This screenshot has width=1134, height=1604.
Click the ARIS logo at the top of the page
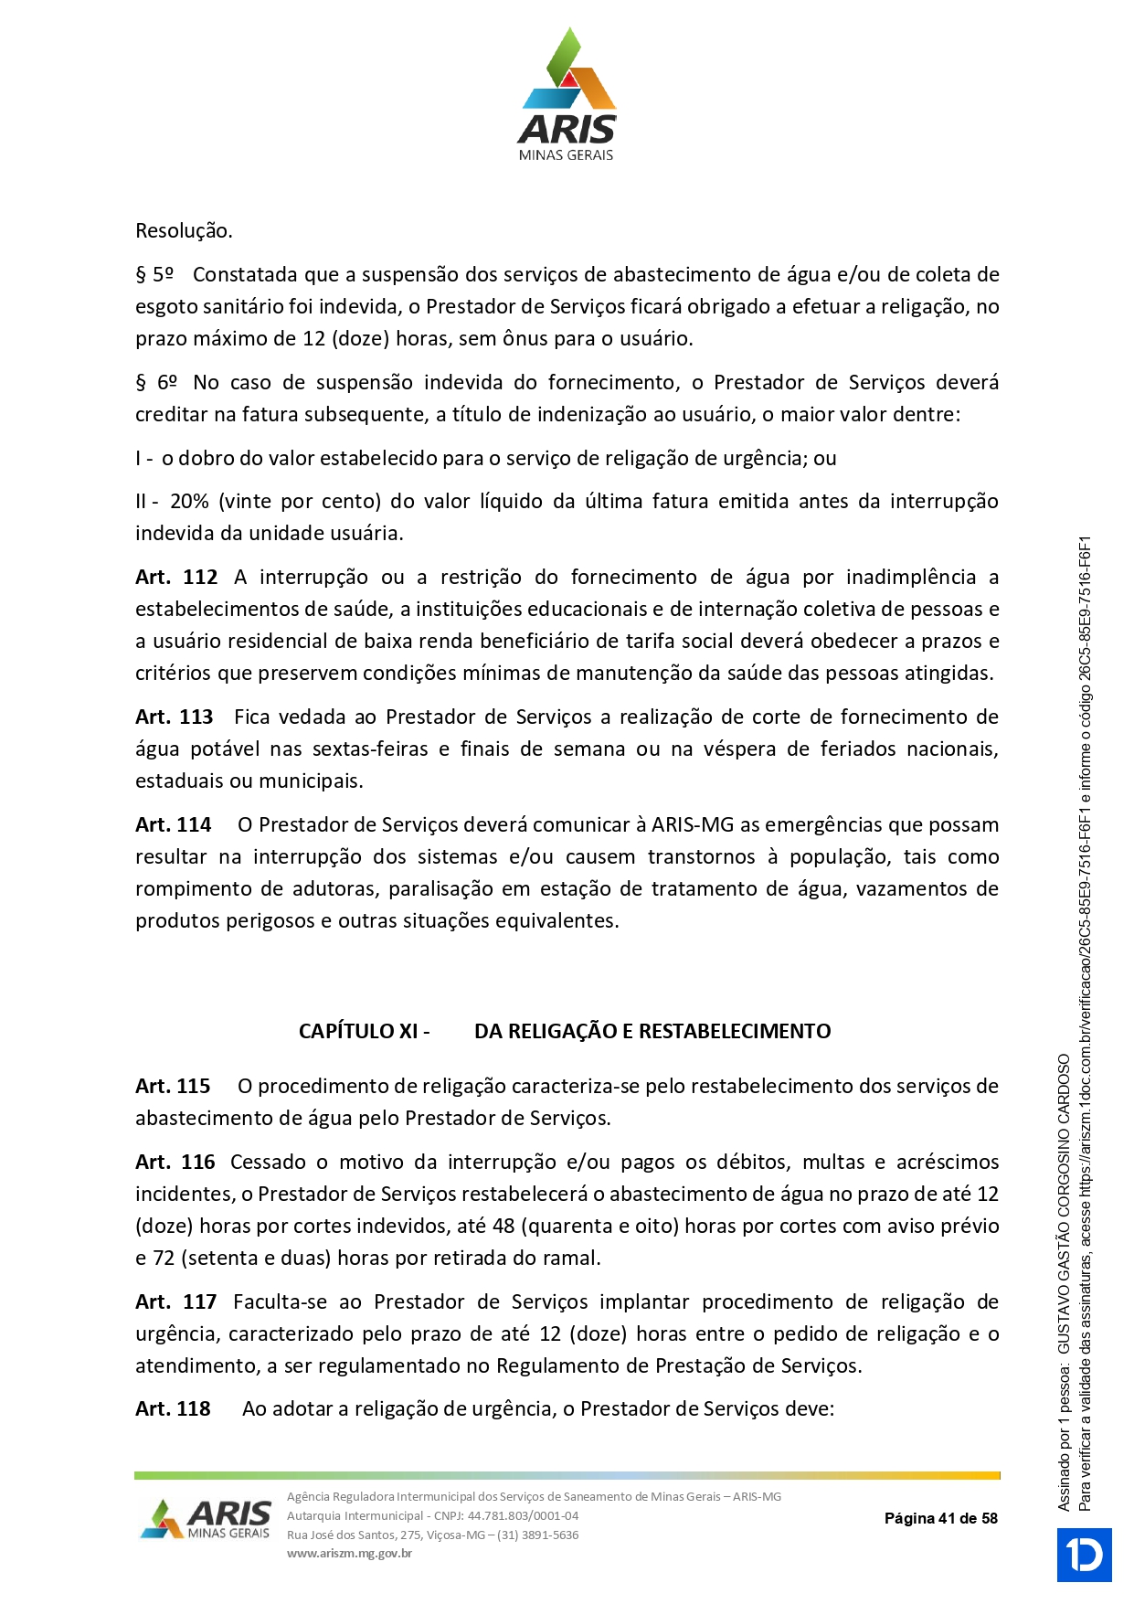pos(567,95)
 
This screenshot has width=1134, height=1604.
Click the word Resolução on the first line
pos(184,230)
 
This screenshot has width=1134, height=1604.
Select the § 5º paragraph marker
pos(154,275)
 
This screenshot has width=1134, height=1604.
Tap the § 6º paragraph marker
pos(156,383)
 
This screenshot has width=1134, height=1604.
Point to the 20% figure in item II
pos(189,502)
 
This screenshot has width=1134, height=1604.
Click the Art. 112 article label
pos(176,578)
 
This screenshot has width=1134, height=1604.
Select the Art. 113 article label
pos(175,717)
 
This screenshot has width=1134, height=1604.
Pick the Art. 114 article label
pos(174,825)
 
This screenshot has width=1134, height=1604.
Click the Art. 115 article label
pos(173,1087)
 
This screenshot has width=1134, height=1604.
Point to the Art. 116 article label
pos(175,1163)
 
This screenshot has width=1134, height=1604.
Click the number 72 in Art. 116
pos(164,1259)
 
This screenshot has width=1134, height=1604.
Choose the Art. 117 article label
pos(176,1302)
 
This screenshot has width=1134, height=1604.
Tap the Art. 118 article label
pos(173,1409)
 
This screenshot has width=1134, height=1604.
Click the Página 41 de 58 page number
pos(940,1519)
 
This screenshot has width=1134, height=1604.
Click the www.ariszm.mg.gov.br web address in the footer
pos(349,1553)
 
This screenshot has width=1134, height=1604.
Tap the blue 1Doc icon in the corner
pos(1084,1555)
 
